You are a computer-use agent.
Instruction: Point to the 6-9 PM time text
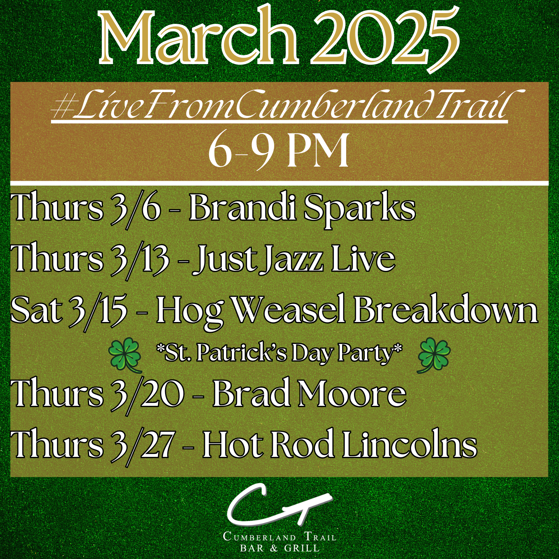[x=279, y=151]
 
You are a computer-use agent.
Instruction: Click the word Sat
[x=37, y=310]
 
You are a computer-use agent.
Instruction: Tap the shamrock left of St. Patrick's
[x=125, y=354]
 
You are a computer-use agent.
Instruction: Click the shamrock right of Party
[x=434, y=354]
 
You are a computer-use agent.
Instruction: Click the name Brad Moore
[x=309, y=394]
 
